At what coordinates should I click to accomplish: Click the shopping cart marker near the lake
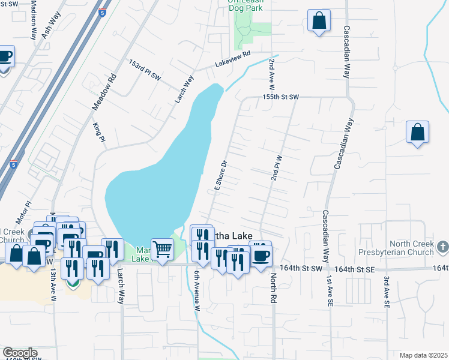point(163,249)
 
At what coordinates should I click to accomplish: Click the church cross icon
point(442,247)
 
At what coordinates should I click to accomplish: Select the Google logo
point(20,353)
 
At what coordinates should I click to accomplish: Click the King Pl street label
point(99,132)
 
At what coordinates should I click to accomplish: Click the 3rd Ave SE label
point(387,291)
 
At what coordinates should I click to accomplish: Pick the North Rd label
point(273,287)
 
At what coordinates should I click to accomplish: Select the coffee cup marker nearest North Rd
point(260,255)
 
